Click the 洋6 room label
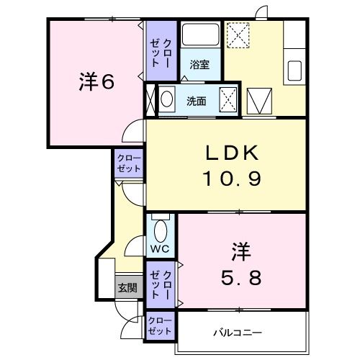coord(96,82)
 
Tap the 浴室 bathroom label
coord(199,65)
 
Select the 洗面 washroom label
coord(197,101)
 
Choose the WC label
coord(160,250)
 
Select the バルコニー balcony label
coord(237,333)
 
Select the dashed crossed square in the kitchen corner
coord(238,34)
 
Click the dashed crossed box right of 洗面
coord(229,99)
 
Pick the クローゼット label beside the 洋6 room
coord(160,50)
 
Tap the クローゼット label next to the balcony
coord(160,326)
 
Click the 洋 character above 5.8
coord(240,252)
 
